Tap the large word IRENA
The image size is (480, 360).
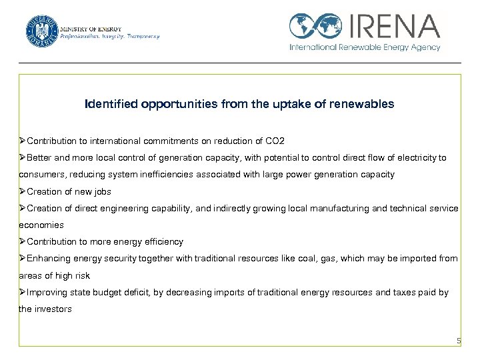393,26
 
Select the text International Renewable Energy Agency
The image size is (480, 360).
365,48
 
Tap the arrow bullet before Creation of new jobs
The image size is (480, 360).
23,191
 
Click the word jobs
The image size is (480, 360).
101,191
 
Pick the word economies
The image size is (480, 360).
41,225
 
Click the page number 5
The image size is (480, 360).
458,341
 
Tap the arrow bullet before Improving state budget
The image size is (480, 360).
23,292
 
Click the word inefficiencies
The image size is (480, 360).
155,175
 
